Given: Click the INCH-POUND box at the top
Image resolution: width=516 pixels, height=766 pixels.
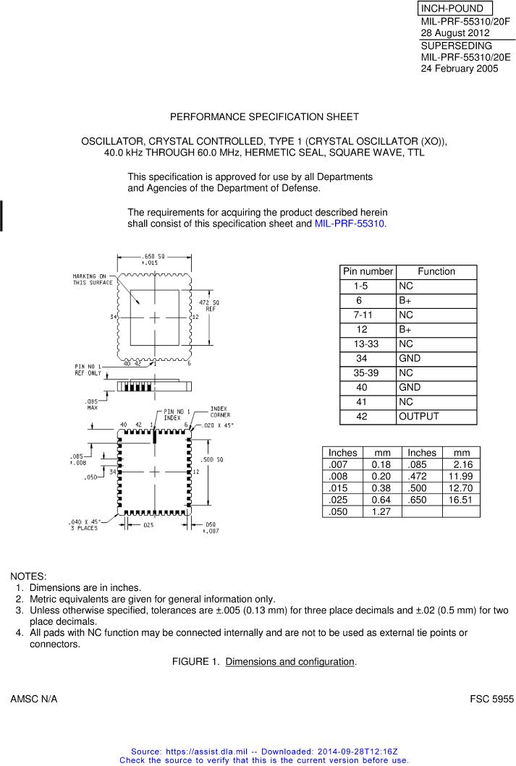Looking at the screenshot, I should [x=455, y=9].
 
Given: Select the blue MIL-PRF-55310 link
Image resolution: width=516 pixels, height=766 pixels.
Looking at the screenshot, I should [x=350, y=224].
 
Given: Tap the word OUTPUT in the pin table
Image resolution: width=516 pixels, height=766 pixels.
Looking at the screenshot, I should [x=418, y=417].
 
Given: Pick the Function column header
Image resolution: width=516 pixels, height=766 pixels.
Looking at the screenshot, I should [x=436, y=271].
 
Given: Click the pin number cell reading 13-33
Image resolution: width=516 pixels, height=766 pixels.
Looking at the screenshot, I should [x=365, y=344].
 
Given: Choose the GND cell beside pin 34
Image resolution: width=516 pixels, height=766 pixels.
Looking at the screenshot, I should [x=410, y=359].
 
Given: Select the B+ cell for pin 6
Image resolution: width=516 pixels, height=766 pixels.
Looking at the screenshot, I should [x=405, y=300].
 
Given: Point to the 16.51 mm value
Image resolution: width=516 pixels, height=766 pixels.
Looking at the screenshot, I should [x=460, y=500].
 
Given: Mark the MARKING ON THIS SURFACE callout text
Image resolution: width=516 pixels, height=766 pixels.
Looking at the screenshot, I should [x=92, y=279].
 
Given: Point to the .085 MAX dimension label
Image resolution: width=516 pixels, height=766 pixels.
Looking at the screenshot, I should [x=92, y=404].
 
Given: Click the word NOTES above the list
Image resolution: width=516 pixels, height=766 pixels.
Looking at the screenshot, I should [x=28, y=576].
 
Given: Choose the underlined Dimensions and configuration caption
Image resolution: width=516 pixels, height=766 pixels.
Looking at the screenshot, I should [x=289, y=662].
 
